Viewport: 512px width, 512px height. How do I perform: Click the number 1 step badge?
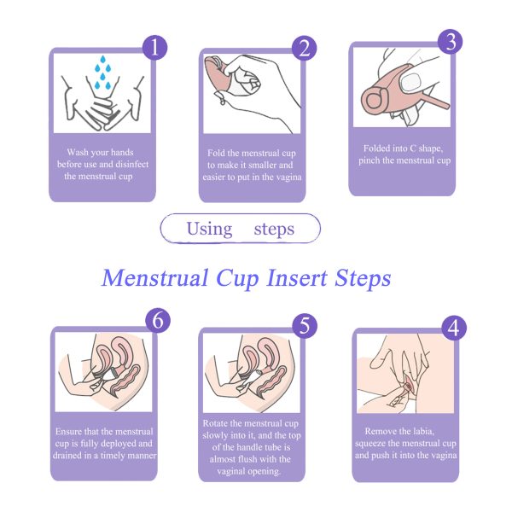pyautogui.click(x=154, y=48)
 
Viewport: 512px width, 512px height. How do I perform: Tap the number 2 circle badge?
pyautogui.click(x=304, y=48)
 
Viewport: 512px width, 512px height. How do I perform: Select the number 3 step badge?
pyautogui.click(x=451, y=42)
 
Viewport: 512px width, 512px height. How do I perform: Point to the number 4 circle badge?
pyautogui.click(x=454, y=328)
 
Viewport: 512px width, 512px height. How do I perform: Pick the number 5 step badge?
pyautogui.click(x=305, y=326)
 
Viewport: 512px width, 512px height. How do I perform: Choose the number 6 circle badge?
pyautogui.click(x=158, y=320)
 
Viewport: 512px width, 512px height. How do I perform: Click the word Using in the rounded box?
pyautogui.click(x=209, y=230)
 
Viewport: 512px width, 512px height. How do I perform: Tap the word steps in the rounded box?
pyautogui.click(x=274, y=230)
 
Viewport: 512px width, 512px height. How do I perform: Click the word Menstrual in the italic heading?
pyautogui.click(x=155, y=278)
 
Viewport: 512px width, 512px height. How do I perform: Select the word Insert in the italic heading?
pyautogui.click(x=297, y=278)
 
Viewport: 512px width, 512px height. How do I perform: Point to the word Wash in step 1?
pyautogui.click(x=78, y=152)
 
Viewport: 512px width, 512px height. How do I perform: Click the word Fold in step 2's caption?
pyautogui.click(x=215, y=153)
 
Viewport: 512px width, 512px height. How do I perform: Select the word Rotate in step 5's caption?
pyautogui.click(x=216, y=423)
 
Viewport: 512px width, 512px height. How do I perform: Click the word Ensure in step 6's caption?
pyautogui.click(x=68, y=431)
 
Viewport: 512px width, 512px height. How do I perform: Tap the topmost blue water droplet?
pyautogui.click(x=103, y=60)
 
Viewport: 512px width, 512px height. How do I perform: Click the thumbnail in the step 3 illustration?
pyautogui.click(x=410, y=81)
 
